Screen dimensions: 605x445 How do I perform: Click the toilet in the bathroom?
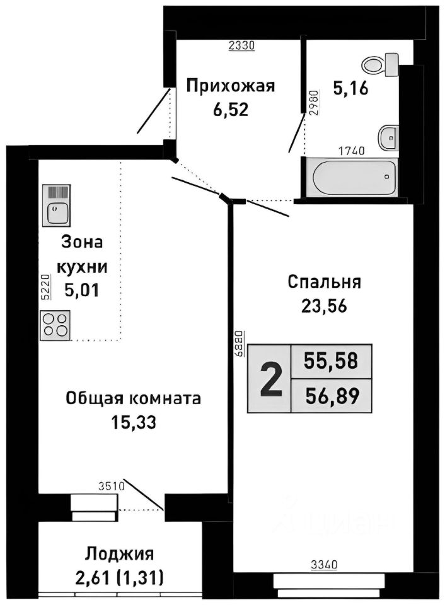coord(380,63)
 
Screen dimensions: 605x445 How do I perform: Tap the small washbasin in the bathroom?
coord(389,134)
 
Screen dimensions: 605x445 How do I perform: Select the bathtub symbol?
coord(350,177)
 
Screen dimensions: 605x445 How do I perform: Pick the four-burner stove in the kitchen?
coord(55,325)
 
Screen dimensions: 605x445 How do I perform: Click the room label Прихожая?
coord(231,86)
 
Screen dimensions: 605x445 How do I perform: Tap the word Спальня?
coord(324,282)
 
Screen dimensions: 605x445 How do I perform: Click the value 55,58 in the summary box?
coord(331,361)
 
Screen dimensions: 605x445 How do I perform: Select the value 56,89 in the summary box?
coord(331,396)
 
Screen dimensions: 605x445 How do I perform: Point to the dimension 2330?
coord(240,45)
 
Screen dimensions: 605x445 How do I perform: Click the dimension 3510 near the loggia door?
coord(112,485)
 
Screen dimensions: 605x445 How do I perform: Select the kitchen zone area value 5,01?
coord(82,290)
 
